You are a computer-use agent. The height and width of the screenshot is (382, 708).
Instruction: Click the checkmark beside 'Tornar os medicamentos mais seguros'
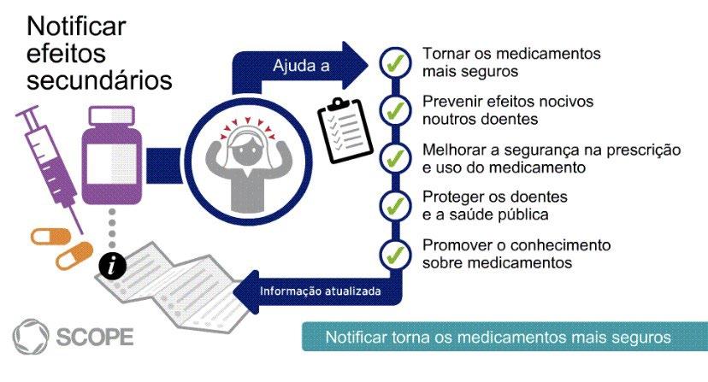pyautogui.click(x=394, y=62)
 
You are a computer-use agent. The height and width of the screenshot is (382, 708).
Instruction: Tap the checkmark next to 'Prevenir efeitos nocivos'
pyautogui.click(x=394, y=110)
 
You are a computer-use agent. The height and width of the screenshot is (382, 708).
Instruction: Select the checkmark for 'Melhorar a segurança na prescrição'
pyautogui.click(x=394, y=158)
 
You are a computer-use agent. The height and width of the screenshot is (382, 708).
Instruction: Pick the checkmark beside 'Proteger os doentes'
pyautogui.click(x=394, y=205)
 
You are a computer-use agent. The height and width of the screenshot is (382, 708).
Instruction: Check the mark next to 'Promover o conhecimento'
pyautogui.click(x=394, y=253)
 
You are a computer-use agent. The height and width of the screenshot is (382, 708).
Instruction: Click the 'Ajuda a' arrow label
pyautogui.click(x=301, y=66)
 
